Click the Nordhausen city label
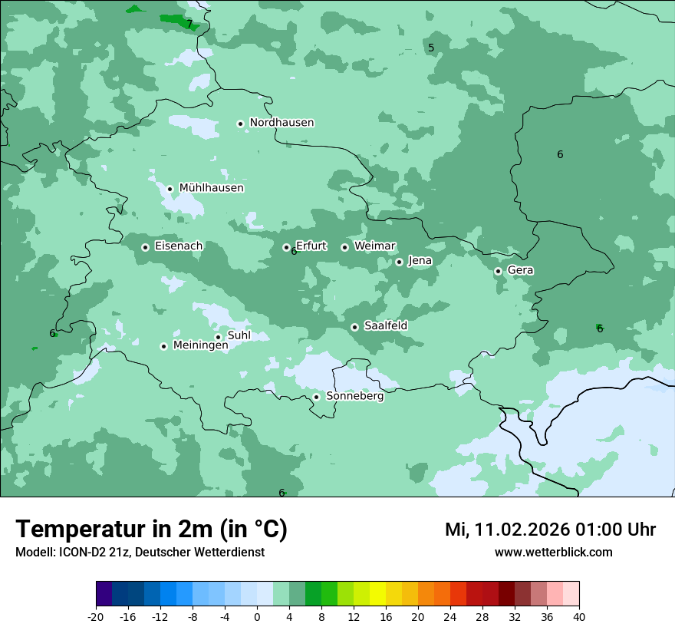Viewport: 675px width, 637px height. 282,123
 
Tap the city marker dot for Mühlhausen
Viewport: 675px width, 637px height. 170,189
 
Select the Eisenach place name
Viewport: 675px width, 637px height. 179,246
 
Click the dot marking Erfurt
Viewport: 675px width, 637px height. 286,248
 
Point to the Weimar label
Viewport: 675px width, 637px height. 375,246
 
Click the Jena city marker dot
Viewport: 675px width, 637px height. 399,262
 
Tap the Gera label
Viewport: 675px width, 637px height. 520,270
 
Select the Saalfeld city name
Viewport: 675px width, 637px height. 385,326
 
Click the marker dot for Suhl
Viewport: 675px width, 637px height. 218,337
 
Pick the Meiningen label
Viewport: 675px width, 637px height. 200,346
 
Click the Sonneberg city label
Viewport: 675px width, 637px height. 354,397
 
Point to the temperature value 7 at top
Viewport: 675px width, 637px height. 189,25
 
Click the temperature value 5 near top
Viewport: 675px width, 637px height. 431,48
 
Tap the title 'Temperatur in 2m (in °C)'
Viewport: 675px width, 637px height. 151,530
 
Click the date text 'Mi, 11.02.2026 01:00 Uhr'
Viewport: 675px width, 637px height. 550,530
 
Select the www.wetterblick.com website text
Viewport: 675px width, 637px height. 553,553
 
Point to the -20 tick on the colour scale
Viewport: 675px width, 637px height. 96,617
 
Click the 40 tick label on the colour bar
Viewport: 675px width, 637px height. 578,617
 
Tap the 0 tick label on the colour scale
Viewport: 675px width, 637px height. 256,617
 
